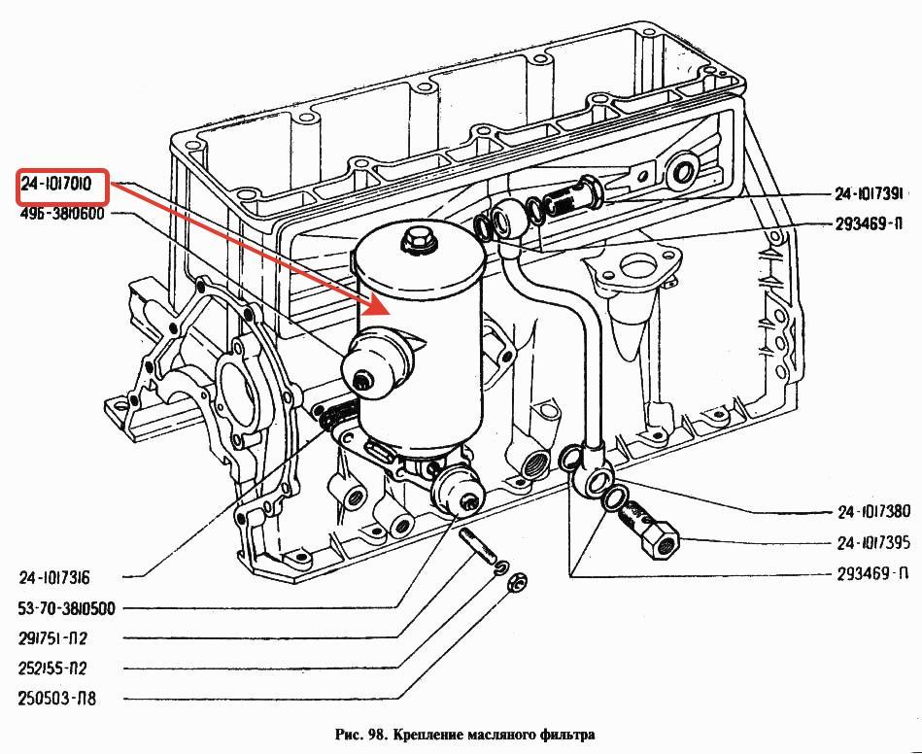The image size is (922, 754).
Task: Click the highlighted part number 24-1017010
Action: click(x=56, y=184)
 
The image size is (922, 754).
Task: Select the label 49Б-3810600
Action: click(x=62, y=214)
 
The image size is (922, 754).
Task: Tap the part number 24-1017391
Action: click(x=869, y=193)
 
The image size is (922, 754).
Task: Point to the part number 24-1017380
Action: click(x=873, y=512)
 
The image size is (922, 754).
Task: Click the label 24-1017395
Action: click(x=873, y=542)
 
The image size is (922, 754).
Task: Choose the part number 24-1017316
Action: click(x=54, y=577)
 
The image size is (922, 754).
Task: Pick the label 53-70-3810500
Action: click(x=66, y=608)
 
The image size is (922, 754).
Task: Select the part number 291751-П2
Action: click(x=52, y=638)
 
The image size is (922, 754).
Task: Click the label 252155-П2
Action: click(x=52, y=668)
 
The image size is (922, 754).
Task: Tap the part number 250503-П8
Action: click(x=56, y=700)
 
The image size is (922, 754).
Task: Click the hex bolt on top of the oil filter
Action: click(x=417, y=240)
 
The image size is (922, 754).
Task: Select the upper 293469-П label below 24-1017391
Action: click(x=869, y=224)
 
